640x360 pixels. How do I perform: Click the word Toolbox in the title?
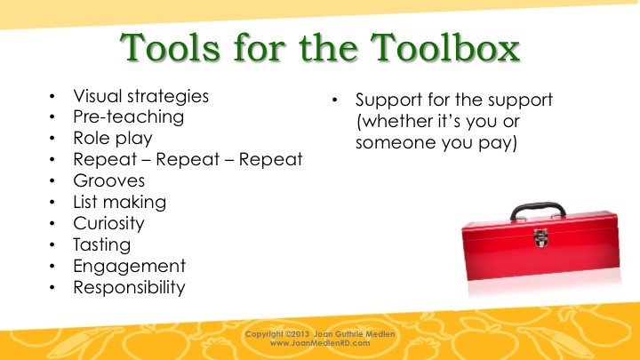tap(445, 47)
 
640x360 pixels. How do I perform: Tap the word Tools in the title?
tap(170, 47)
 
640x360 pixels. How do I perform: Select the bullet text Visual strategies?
tap(140, 97)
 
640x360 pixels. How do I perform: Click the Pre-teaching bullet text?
tap(129, 117)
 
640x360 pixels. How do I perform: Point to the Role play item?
tap(113, 139)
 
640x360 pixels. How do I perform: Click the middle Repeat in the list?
tap(188, 160)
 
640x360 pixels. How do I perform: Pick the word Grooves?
tap(109, 180)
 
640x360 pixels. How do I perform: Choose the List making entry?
tap(120, 203)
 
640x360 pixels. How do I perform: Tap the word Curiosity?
tap(108, 224)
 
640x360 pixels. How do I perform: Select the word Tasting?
tap(102, 245)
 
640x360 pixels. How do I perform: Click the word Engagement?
tap(130, 267)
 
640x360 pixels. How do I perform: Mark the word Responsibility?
tap(129, 287)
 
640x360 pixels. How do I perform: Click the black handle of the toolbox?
tap(538, 206)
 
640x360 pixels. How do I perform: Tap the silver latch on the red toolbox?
tap(540, 237)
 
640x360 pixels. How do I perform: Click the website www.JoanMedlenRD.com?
tap(320, 343)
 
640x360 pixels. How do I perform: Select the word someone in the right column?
tap(393, 143)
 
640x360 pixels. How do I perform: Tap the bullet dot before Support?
tap(335, 100)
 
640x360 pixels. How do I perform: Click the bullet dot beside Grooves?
tap(52, 180)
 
